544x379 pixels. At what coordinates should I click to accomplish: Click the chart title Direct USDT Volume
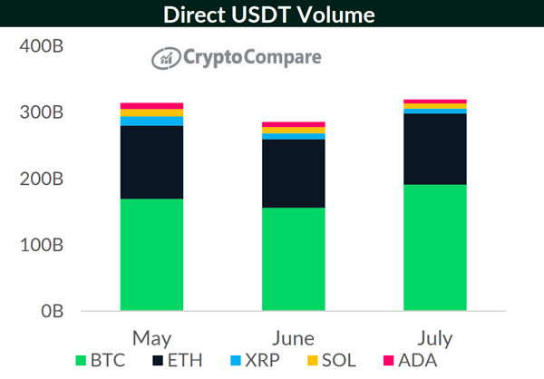pos(272,15)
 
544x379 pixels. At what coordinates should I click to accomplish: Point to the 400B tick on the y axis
pos(39,46)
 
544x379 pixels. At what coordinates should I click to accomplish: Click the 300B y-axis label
pos(39,112)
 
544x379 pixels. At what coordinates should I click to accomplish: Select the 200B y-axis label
pos(39,179)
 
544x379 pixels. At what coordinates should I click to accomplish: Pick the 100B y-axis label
pos(39,245)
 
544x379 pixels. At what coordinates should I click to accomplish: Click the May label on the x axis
pos(151,338)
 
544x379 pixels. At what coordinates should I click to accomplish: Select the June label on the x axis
pos(293,338)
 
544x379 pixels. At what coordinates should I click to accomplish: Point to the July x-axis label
pos(434,338)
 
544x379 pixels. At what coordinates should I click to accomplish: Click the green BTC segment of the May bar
pos(151,255)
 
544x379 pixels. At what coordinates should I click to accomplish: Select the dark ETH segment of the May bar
pos(151,162)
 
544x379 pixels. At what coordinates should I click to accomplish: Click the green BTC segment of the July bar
pos(434,248)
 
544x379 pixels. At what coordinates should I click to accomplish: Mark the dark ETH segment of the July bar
pos(434,149)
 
